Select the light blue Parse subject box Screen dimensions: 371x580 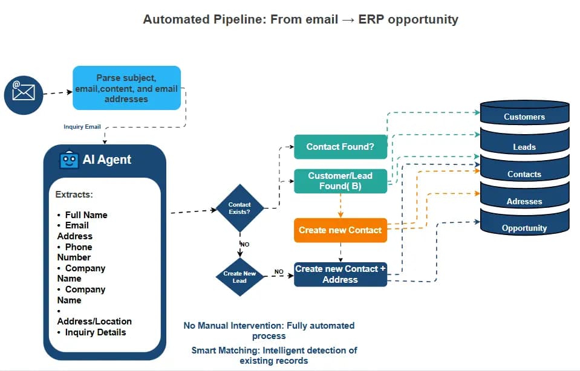click(126, 88)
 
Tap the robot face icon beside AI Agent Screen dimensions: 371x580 click(69, 160)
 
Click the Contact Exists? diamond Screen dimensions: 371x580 click(239, 208)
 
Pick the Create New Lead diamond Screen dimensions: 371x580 click(239, 277)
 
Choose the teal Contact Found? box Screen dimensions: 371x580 click(340, 147)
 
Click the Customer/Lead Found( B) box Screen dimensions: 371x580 click(340, 181)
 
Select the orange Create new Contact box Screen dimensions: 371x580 click(340, 230)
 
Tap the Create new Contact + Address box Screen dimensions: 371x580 click(340, 274)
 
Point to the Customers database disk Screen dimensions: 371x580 click(524, 117)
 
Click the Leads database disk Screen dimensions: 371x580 click(524, 147)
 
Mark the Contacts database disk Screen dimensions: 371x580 click(524, 174)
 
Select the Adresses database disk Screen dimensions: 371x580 click(524, 201)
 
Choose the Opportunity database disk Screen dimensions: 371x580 click(524, 228)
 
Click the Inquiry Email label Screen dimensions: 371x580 click(82, 127)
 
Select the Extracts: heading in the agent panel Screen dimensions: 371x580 click(74, 195)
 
